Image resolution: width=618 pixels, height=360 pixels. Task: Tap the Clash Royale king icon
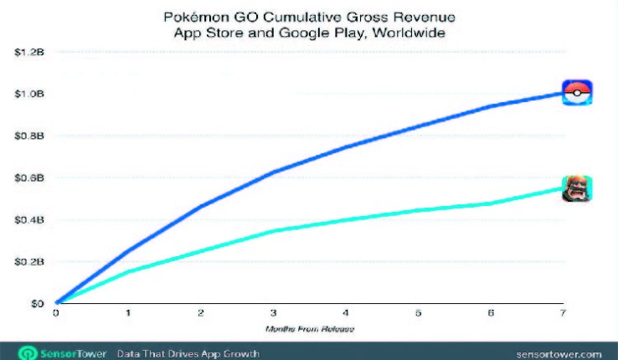575,189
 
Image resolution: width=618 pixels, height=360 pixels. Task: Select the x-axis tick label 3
272,314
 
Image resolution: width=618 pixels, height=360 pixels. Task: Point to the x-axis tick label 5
417,314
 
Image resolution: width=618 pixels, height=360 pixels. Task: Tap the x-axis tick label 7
562,314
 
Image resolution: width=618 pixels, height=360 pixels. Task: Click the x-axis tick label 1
127,314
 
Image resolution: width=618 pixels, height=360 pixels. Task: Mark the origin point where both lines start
56,302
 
